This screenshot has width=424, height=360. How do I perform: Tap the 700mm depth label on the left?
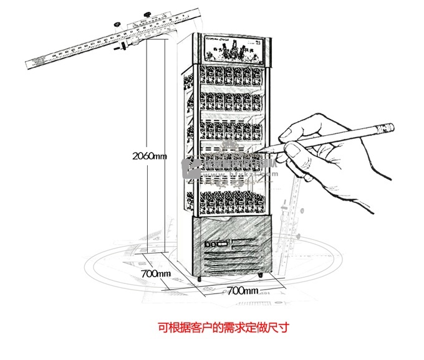point(156,273)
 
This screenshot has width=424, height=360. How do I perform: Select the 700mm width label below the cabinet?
point(243,290)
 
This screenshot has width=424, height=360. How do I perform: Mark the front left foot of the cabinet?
point(200,278)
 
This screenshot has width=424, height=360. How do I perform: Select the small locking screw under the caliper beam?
point(123,45)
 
